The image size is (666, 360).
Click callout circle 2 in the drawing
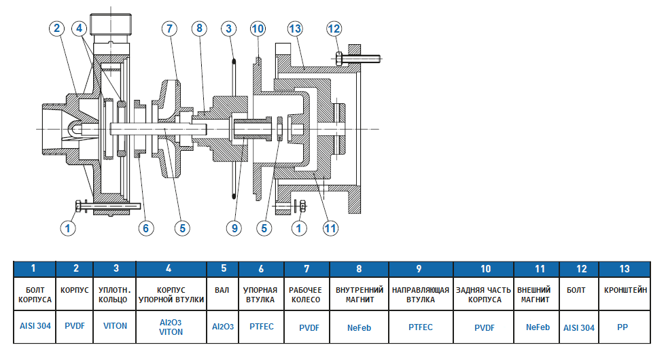point(56,28)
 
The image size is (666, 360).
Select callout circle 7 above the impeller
point(170,28)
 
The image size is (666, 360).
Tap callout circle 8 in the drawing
point(198,28)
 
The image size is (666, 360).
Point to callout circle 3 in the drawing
point(229,28)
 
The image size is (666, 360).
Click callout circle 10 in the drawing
point(257,28)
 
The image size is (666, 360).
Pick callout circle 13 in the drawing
point(294,28)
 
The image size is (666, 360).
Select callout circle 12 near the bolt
point(334,28)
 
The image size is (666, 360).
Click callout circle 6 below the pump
point(145,229)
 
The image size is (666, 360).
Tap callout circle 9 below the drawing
point(235,229)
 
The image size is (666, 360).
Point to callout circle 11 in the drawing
point(330,229)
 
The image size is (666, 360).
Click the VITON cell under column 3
point(115,326)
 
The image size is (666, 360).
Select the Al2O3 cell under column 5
point(223,327)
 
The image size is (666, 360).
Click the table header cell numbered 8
point(359,269)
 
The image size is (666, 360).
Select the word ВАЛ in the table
point(223,290)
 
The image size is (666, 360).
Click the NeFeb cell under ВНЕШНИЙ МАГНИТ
point(538,327)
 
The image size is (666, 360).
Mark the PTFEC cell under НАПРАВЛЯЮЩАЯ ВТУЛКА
point(421,327)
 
